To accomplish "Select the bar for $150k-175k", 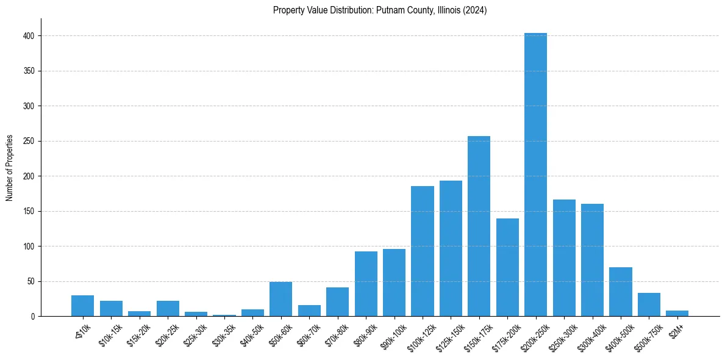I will coord(479,226).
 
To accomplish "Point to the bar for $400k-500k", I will coord(621,292).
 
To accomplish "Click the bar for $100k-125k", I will coord(422,251).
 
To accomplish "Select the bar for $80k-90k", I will coord(366,284).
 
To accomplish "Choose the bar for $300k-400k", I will coord(592,260).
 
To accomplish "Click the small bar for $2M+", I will coord(677,313).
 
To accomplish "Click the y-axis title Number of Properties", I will coord(10,167).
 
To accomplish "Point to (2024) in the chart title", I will coord(474,10).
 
